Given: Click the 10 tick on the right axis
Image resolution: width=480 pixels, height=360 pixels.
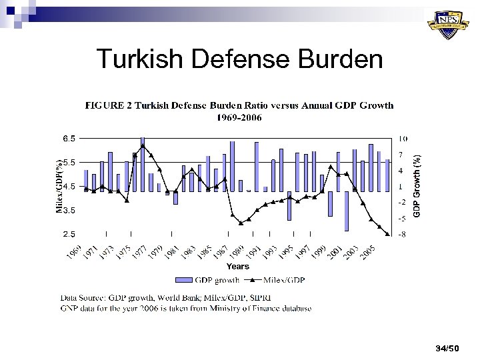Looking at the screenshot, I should [403, 139].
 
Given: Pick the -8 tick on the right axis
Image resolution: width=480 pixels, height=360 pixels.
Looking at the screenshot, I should [403, 234].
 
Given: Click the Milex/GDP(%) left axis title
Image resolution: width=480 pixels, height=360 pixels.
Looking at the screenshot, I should [58, 186].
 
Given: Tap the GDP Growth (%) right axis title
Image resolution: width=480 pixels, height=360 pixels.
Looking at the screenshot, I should [417, 185].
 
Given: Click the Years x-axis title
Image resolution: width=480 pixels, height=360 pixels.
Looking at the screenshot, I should [238, 266].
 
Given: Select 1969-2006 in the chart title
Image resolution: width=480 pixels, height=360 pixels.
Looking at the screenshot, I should [238, 117].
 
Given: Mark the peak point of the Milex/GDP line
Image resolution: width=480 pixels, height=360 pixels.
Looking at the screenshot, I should [143, 145].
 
